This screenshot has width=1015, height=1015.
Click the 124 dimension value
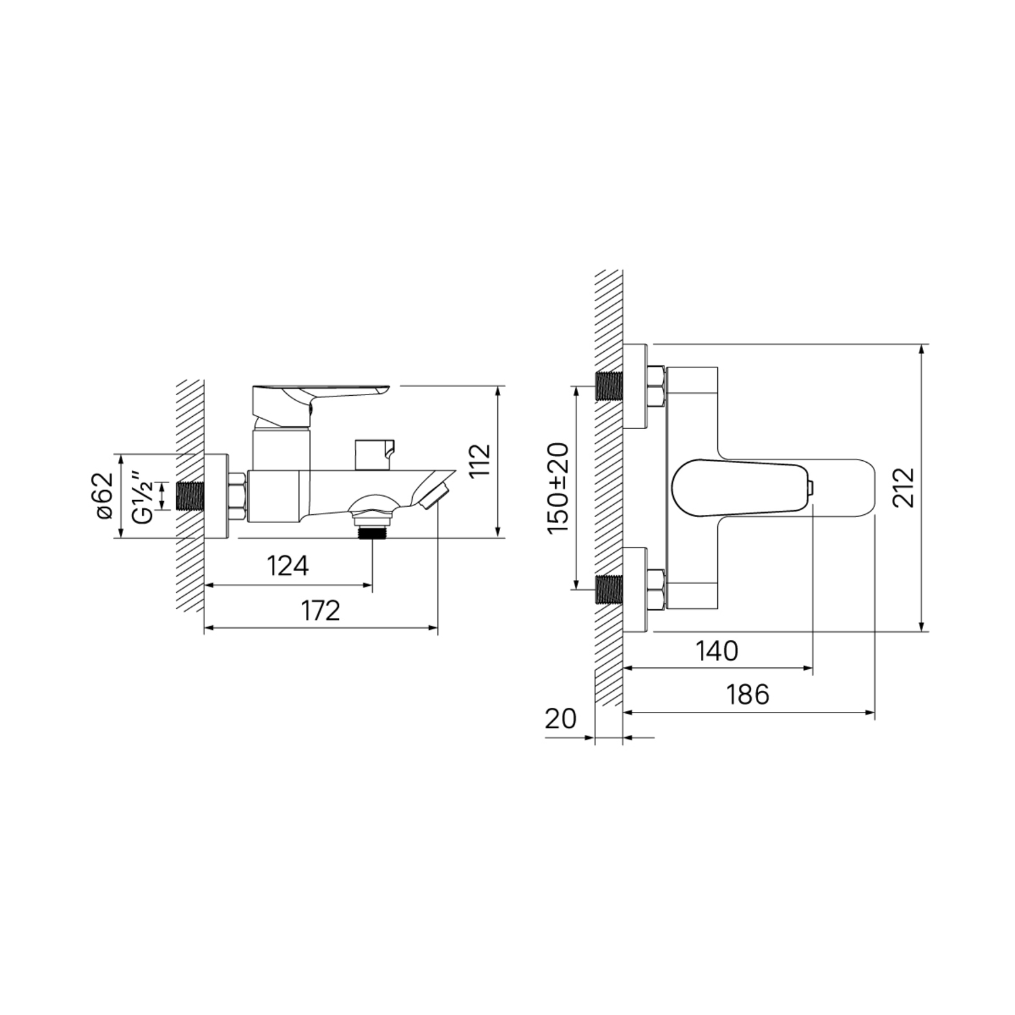288,566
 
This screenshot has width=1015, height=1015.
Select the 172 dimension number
321,610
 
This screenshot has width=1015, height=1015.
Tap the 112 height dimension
479,461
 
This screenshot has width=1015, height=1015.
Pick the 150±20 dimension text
559,487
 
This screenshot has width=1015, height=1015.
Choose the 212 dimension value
903,487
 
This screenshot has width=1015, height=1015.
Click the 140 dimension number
717,651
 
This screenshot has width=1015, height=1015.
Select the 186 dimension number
748,694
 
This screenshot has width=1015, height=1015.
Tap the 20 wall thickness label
560,718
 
